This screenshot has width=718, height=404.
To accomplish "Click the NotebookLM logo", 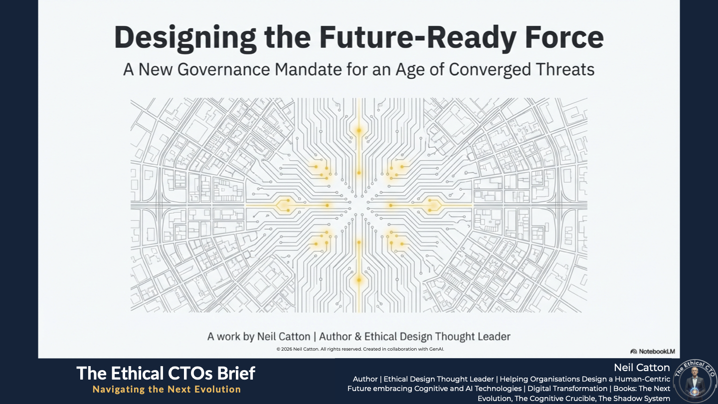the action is point(653,352).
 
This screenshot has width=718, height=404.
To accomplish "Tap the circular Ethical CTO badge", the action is point(695,381).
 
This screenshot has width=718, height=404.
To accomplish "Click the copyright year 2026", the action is point(287,349).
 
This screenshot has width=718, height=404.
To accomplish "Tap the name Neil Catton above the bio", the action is point(642,368).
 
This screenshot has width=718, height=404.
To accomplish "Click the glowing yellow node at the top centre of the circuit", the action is point(359,131).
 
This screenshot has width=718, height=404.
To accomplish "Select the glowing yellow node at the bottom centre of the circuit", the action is point(359,280).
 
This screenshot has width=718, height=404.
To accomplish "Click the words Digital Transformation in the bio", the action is point(567,389).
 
